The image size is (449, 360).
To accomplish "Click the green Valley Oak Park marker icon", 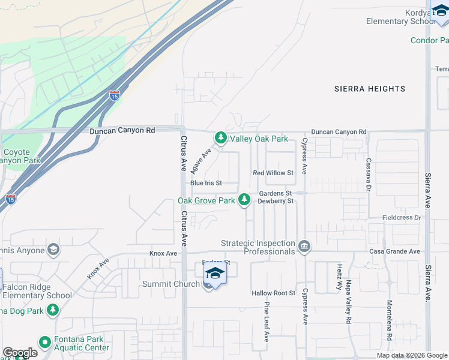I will click(x=221, y=139).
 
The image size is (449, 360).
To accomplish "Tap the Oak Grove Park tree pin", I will click(x=244, y=200).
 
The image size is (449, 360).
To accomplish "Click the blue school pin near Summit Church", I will click(x=215, y=274).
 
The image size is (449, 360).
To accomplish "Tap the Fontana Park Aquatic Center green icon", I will click(x=44, y=343).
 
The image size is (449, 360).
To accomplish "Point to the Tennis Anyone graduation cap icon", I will click(x=53, y=250).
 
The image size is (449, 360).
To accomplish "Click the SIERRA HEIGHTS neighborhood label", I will click(x=370, y=89).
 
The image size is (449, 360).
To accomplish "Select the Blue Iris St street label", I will click(x=206, y=183).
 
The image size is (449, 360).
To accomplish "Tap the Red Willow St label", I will click(x=273, y=173).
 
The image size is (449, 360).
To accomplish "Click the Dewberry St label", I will click(x=276, y=202).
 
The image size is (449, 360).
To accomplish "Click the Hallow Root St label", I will click(x=274, y=293).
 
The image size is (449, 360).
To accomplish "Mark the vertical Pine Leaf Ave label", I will click(x=266, y=322).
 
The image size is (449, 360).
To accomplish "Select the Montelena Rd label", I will click(x=390, y=321).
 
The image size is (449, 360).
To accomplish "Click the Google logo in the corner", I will click(x=20, y=353).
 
